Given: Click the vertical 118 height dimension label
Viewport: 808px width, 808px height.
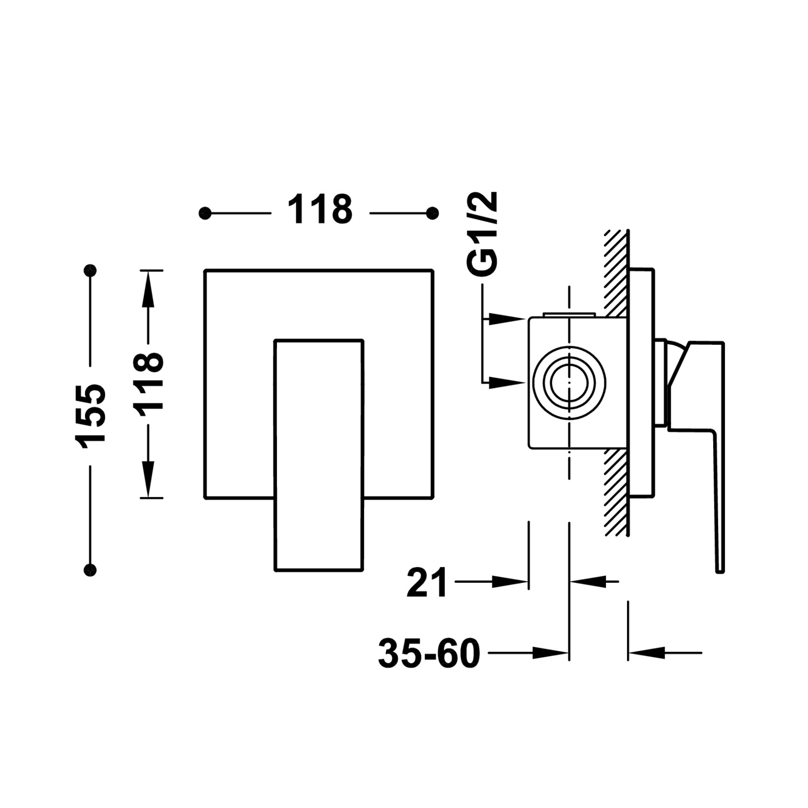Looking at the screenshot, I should point(148,385).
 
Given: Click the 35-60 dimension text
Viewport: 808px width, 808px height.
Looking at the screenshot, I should point(429,653).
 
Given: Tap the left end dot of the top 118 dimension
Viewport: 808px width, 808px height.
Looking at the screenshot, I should point(205,214).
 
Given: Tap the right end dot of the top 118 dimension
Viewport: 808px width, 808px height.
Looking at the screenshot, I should point(432,214).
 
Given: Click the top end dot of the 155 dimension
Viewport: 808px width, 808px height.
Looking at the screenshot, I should point(90,270).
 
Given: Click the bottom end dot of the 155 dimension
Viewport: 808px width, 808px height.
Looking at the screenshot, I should point(90,569).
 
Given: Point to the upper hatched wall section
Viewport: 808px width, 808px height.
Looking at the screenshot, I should point(616,272).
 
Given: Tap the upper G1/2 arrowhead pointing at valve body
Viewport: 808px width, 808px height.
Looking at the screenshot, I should point(509,319).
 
